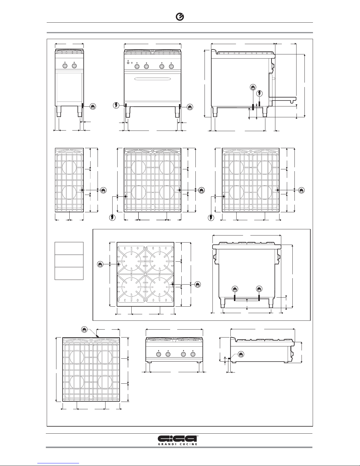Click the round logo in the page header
[180, 17]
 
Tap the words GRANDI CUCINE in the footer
[180, 444]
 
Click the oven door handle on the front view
[153, 78]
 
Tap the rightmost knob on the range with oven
[171, 67]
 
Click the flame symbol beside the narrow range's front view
[93, 106]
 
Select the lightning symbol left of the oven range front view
[117, 105]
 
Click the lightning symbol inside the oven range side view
[259, 93]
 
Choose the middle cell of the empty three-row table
[69, 261]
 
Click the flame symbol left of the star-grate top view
[101, 264]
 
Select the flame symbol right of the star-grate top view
[197, 285]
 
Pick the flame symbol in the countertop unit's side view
[241, 354]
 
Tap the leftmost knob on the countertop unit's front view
[159, 355]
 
